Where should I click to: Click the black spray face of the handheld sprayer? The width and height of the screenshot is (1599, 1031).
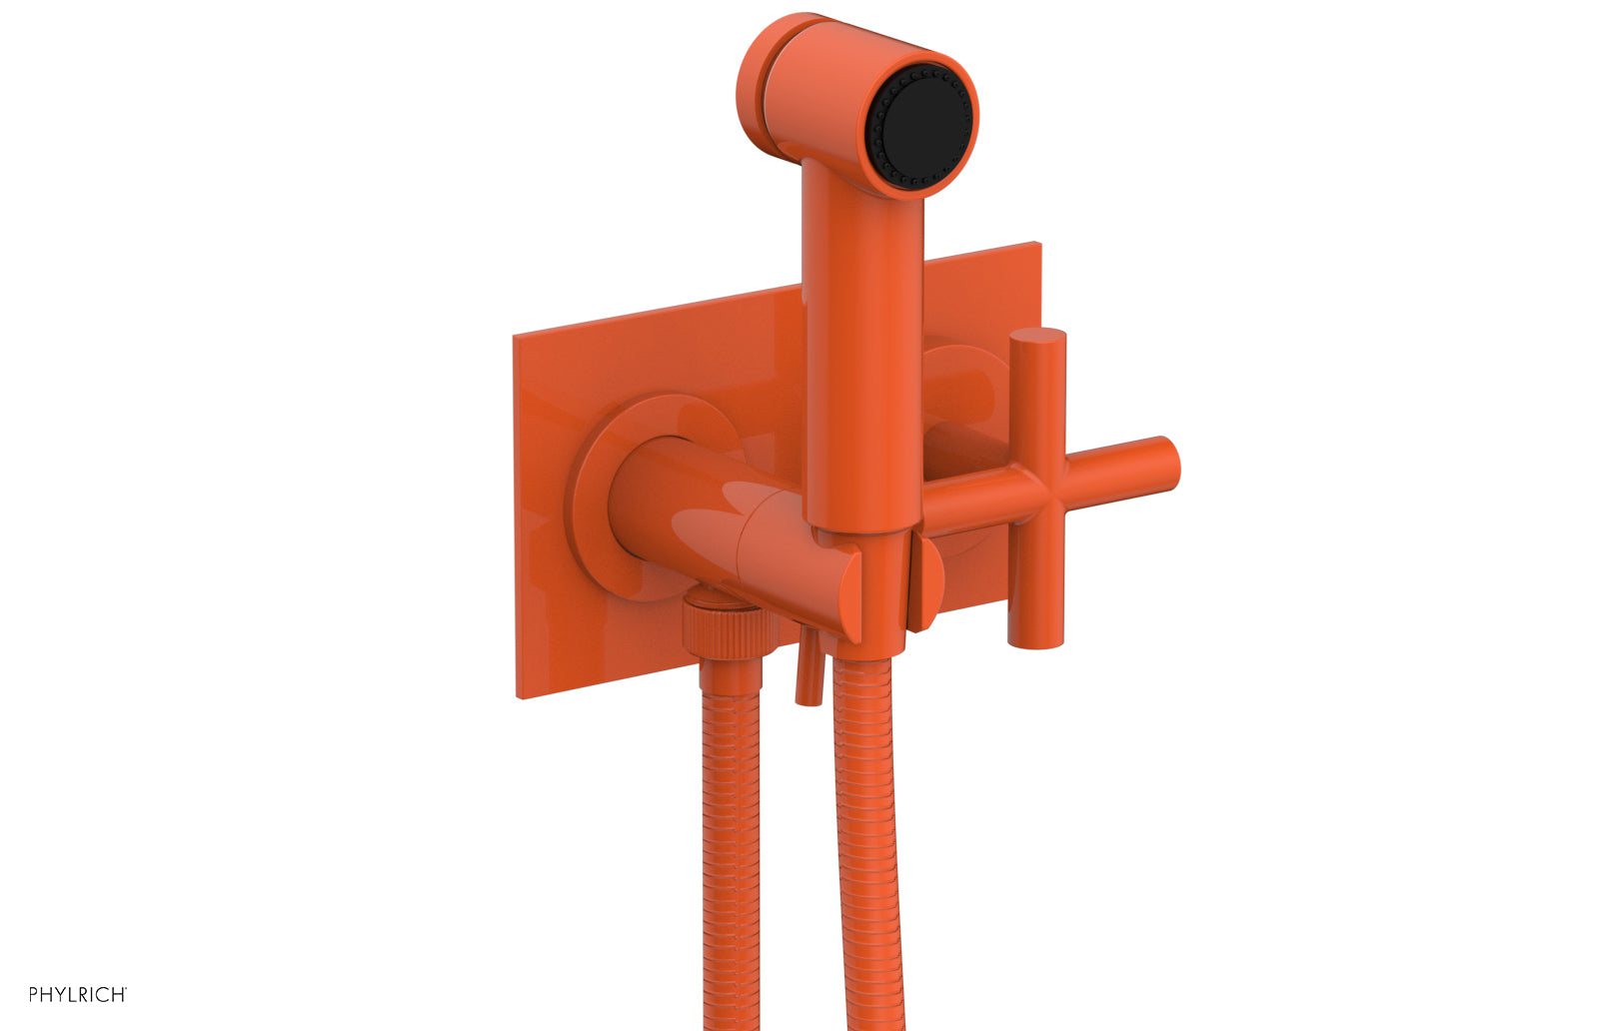tap(923, 125)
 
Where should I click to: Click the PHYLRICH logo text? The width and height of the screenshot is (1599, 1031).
tap(77, 994)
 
